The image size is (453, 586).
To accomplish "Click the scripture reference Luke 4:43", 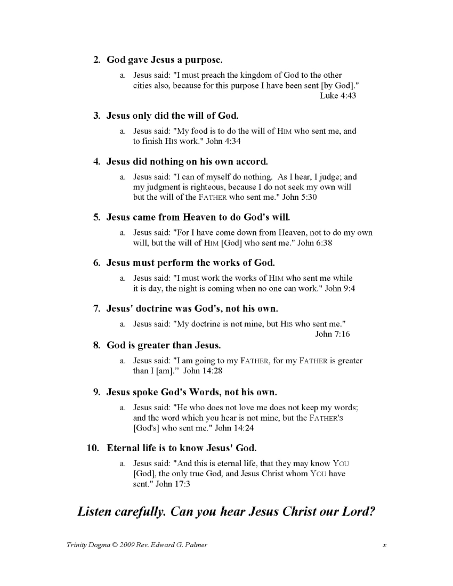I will (x=338, y=96).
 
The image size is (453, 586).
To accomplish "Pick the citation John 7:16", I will (x=333, y=334).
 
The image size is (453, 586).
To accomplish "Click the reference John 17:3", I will (x=171, y=484).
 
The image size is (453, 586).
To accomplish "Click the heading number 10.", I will (x=93, y=448).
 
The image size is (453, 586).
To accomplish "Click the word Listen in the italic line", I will (x=94, y=512).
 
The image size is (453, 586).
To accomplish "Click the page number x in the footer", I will (x=384, y=545).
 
